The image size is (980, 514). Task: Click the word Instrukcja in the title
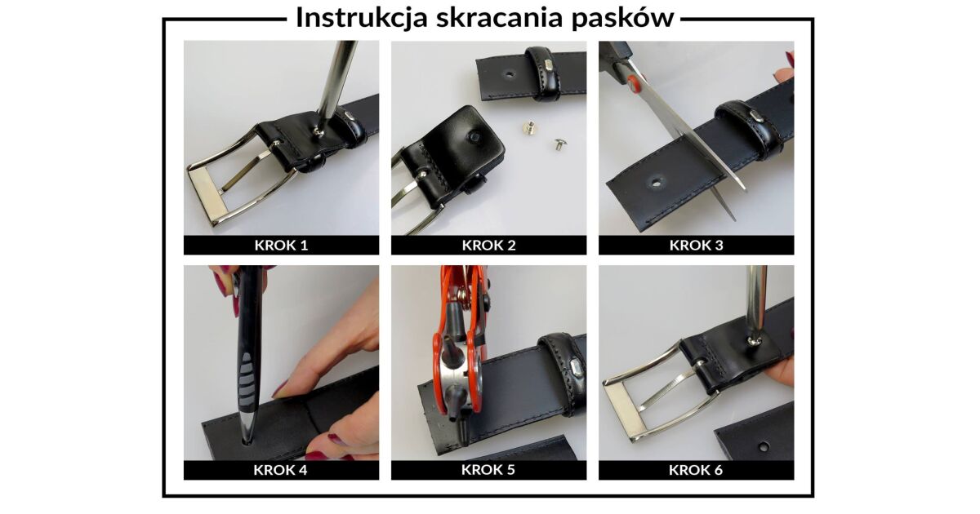pyautogui.click(x=362, y=18)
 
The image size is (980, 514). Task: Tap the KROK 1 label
pyautogui.click(x=281, y=246)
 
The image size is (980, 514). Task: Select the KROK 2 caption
pyautogui.click(x=488, y=246)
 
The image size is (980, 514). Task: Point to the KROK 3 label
pyautogui.click(x=696, y=246)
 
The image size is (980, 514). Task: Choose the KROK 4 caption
pyautogui.click(x=280, y=470)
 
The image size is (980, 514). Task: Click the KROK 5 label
pyautogui.click(x=488, y=470)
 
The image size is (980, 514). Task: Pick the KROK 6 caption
pyautogui.click(x=696, y=470)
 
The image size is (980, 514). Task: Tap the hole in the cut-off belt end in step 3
pyautogui.click(x=656, y=180)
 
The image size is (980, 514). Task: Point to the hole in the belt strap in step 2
pyautogui.click(x=508, y=73)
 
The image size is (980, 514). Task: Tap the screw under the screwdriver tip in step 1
pyautogui.click(x=320, y=130)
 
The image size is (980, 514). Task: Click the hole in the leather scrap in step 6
pyautogui.click(x=763, y=447)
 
